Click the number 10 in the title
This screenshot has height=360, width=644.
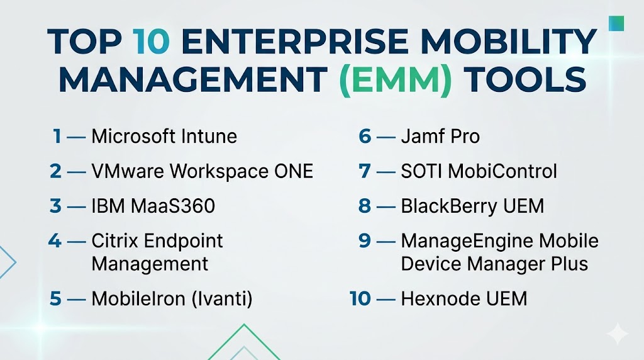pos(151,42)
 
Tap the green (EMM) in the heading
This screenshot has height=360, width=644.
pos(396,79)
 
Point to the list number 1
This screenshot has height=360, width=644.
pos(57,137)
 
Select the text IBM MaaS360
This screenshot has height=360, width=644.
pos(153,206)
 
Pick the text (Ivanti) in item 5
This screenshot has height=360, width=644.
pos(222,299)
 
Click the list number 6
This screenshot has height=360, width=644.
pos(365,137)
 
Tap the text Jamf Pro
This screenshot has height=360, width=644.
pos(440,137)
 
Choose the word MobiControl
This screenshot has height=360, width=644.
pos(502,171)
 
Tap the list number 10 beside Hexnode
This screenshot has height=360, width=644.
pos(360,299)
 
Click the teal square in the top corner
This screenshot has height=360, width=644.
pos(616,23)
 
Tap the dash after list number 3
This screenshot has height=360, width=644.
pos(76,206)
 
